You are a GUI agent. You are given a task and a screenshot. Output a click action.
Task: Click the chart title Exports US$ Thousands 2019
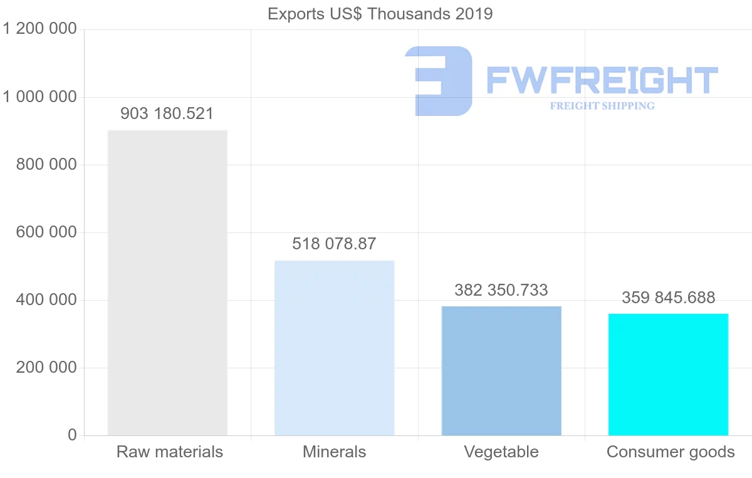(380, 14)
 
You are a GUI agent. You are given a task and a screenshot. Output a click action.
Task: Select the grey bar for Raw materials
(167, 282)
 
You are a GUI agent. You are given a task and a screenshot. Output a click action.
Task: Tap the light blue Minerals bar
(334, 348)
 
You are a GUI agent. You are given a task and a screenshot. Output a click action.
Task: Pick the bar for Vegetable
(501, 370)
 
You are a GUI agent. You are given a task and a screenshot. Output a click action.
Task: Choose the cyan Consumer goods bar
(668, 374)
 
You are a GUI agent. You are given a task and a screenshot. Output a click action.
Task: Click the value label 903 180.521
(167, 114)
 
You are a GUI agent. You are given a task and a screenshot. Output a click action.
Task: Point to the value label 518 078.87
(334, 244)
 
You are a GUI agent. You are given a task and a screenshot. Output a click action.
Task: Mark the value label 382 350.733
(501, 290)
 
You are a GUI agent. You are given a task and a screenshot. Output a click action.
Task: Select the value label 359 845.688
(668, 298)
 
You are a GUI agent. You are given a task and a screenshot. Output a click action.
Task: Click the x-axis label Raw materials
(170, 452)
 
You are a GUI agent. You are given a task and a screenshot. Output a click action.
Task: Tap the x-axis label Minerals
(334, 452)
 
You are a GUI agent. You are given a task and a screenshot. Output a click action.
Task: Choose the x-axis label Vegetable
(501, 452)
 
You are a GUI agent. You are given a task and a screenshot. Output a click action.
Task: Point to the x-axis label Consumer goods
(671, 452)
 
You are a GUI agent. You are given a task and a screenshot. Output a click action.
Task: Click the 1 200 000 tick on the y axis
(40, 29)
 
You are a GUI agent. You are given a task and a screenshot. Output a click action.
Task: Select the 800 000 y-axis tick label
(46, 165)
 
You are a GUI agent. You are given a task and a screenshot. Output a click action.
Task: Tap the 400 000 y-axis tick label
(46, 300)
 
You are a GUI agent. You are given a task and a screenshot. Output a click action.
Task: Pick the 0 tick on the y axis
(72, 435)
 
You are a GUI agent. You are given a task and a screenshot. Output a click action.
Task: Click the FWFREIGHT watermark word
(602, 81)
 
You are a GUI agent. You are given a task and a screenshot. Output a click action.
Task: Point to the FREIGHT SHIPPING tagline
(602, 106)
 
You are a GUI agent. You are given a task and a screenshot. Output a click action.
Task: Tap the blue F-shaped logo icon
(439, 81)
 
